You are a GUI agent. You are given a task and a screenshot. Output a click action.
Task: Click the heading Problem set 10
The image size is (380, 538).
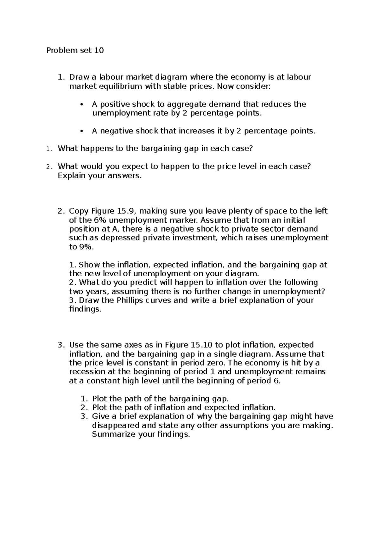[x=75, y=50]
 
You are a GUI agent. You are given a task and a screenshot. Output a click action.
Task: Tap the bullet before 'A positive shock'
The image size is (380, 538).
[x=82, y=105]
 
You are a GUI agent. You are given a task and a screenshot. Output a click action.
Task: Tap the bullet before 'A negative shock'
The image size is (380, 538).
[x=82, y=131]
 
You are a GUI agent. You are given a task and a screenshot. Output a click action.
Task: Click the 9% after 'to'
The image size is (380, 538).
[x=86, y=247]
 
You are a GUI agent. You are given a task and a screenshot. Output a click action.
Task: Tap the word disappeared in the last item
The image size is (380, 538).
[x=116, y=425]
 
